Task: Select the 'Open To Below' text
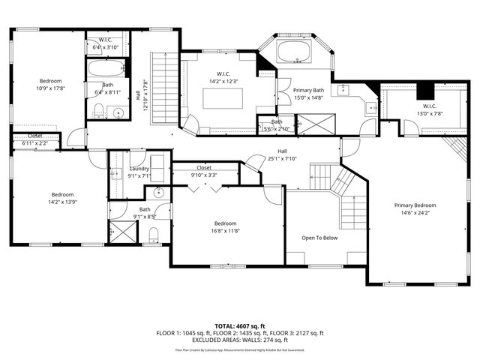319,237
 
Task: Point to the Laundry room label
139,169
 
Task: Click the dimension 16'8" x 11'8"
225,231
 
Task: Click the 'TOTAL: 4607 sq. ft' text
239,325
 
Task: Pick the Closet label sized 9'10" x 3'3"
204,168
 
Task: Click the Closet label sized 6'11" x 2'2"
35,136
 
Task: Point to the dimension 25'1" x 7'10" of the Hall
282,158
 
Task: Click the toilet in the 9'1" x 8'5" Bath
154,237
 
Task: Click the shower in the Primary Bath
309,124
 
